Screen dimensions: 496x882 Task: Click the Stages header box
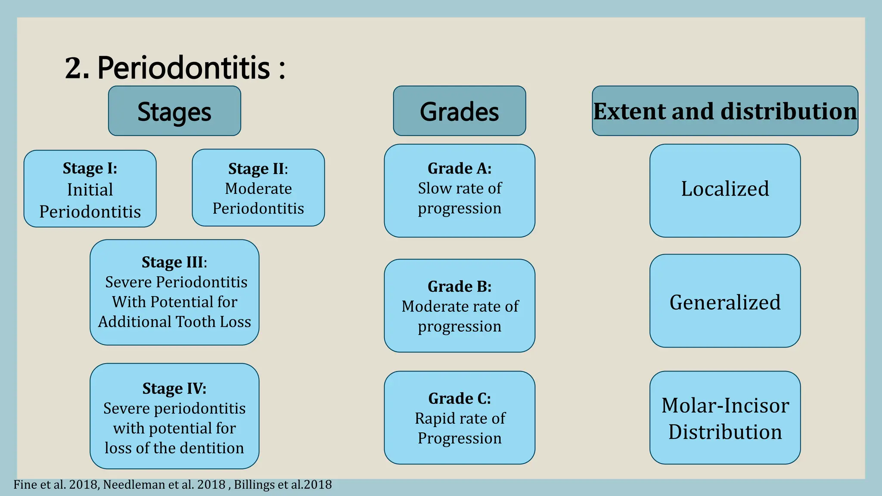click(174, 111)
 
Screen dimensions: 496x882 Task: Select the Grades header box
click(459, 111)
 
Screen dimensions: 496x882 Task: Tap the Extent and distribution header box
click(725, 111)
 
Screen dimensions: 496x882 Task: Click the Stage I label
click(90, 168)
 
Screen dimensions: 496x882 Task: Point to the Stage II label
click(258, 168)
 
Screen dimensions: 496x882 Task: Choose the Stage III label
click(174, 262)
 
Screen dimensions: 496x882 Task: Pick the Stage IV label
click(174, 388)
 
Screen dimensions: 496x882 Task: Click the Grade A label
click(459, 168)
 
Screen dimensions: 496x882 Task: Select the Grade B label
click(459, 286)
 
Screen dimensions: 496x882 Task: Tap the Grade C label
click(459, 398)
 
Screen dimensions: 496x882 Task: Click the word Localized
click(725, 189)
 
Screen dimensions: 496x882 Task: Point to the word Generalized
click(725, 302)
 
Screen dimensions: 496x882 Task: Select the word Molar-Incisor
click(725, 406)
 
